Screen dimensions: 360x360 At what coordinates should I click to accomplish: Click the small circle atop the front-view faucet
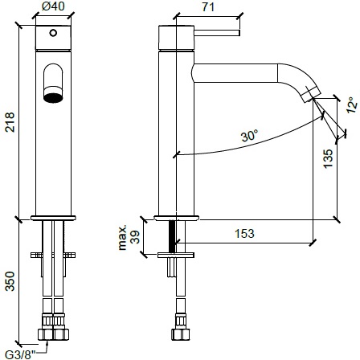[52, 33]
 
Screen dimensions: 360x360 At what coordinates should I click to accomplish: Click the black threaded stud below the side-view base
[170, 235]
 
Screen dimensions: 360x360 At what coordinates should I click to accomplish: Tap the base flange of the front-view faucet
[52, 218]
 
